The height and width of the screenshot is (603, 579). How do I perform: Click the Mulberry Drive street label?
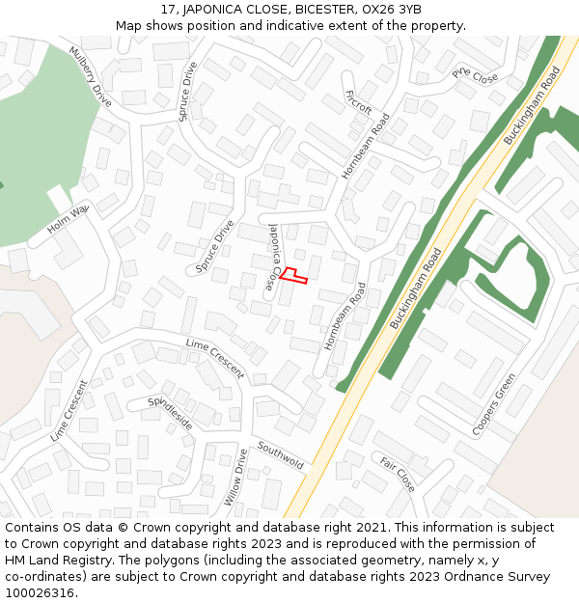[91, 75]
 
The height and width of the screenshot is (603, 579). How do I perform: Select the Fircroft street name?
[357, 102]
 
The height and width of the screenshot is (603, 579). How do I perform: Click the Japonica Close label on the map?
[274, 251]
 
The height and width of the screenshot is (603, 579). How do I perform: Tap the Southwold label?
[280, 455]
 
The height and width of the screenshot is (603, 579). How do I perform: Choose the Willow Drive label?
[235, 477]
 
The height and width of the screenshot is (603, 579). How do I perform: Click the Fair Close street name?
[397, 474]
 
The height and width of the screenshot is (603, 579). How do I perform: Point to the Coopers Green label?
[494, 409]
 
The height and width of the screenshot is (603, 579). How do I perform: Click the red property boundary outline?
[295, 276]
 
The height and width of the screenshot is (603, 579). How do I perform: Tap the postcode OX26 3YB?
[392, 10]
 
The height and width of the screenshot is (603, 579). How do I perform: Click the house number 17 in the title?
[154, 10]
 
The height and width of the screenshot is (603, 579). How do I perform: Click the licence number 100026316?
[40, 593]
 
